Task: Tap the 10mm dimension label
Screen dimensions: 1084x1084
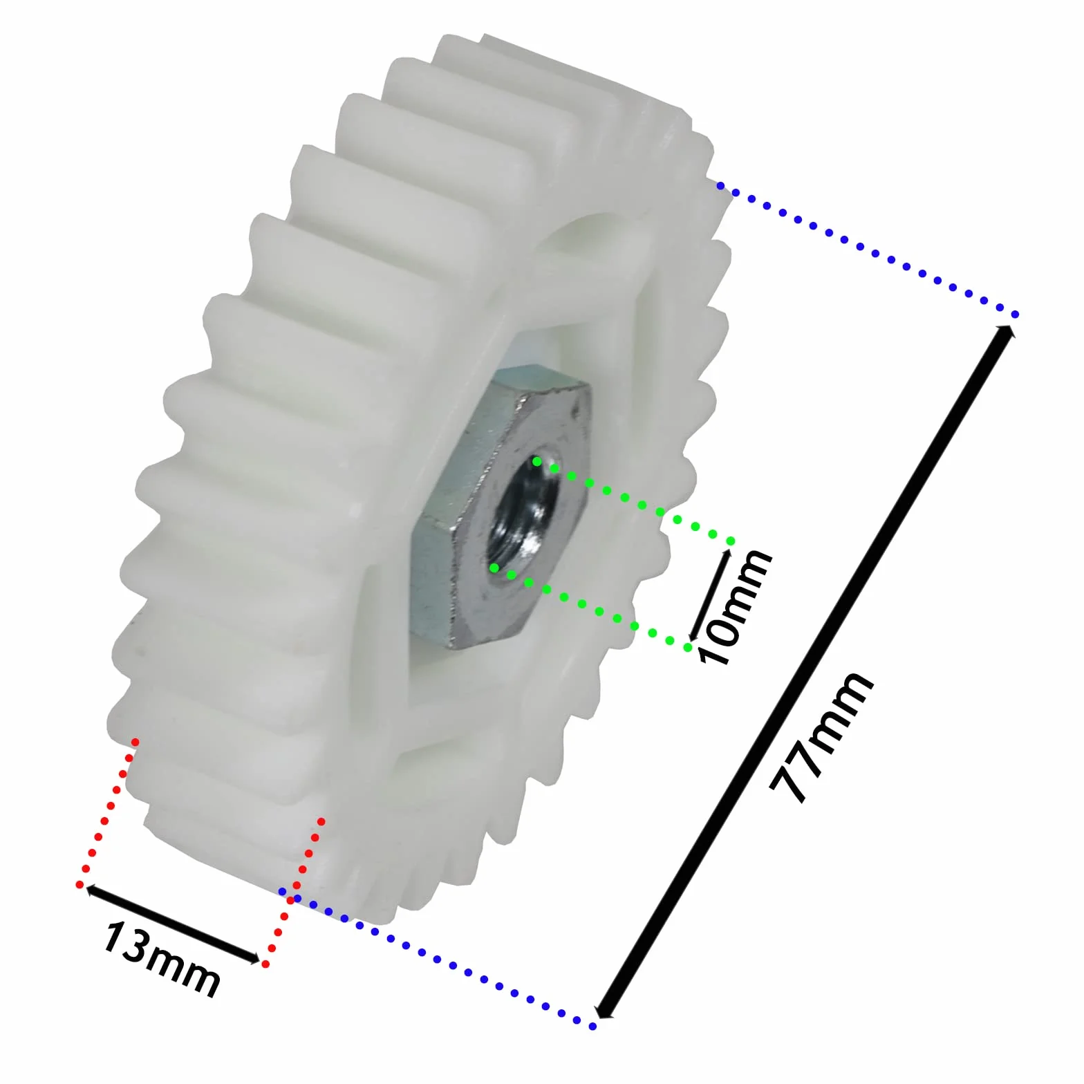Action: (734, 606)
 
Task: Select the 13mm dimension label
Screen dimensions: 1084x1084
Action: (162, 959)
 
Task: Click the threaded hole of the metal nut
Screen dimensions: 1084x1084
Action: (523, 515)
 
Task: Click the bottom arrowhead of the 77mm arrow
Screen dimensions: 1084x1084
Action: (604, 1011)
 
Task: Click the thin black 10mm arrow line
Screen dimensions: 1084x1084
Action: (710, 595)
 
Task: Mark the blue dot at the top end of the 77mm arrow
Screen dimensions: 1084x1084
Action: (1015, 315)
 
